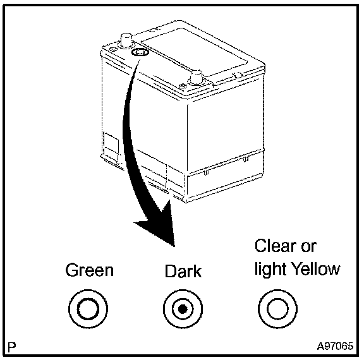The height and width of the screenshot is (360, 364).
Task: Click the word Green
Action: (90, 270)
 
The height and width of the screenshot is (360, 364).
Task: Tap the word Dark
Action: (183, 271)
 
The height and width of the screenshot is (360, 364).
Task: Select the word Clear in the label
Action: (276, 246)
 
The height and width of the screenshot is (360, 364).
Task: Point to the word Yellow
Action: (316, 269)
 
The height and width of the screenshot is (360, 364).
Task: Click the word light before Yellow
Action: (271, 270)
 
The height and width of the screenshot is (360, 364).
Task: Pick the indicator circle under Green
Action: (88, 309)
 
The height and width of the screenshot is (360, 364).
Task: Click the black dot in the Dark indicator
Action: (183, 309)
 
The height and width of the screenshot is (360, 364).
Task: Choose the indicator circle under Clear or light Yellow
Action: (277, 309)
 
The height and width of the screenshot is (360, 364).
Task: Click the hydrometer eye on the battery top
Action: (140, 52)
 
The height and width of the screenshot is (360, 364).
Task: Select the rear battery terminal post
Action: (126, 41)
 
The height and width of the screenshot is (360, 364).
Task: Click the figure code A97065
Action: (335, 346)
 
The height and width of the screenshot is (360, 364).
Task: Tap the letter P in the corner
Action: (12, 347)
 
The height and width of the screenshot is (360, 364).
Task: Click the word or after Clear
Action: (308, 247)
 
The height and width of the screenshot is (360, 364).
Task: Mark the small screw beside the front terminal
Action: (184, 87)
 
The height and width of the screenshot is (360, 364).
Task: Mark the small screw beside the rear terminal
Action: (112, 49)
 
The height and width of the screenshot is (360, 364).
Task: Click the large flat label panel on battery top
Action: (195, 52)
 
